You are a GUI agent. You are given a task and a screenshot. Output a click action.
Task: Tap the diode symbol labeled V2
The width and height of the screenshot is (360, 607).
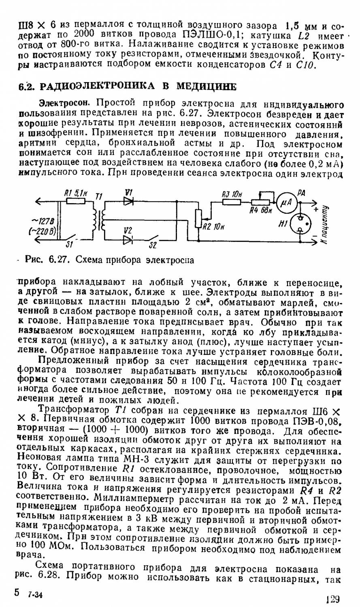pos(128,239)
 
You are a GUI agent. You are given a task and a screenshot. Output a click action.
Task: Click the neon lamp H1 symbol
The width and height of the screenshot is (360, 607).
pos(300,223)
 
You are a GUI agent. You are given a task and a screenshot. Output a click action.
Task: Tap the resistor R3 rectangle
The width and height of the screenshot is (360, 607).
pos(230,201)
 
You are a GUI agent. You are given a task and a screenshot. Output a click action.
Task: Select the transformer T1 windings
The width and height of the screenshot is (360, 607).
pos(99,220)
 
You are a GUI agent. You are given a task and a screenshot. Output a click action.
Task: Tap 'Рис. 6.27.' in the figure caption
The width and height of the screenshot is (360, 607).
pos(43,260)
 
